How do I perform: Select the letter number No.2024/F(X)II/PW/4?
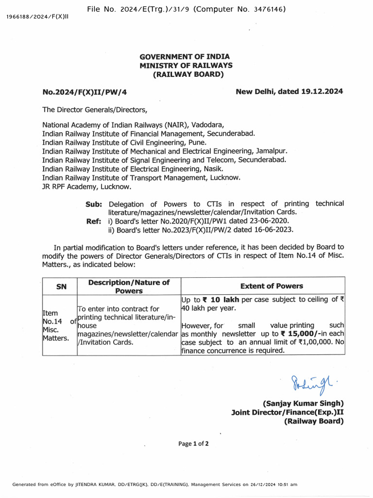85,91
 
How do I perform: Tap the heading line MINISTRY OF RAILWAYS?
186,65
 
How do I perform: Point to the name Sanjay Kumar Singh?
303,403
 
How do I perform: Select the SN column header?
61,286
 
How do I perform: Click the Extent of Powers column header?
271,286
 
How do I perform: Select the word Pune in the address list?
197,142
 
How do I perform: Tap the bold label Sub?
94,204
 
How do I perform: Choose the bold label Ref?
94,221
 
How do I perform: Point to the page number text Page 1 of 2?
193,444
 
